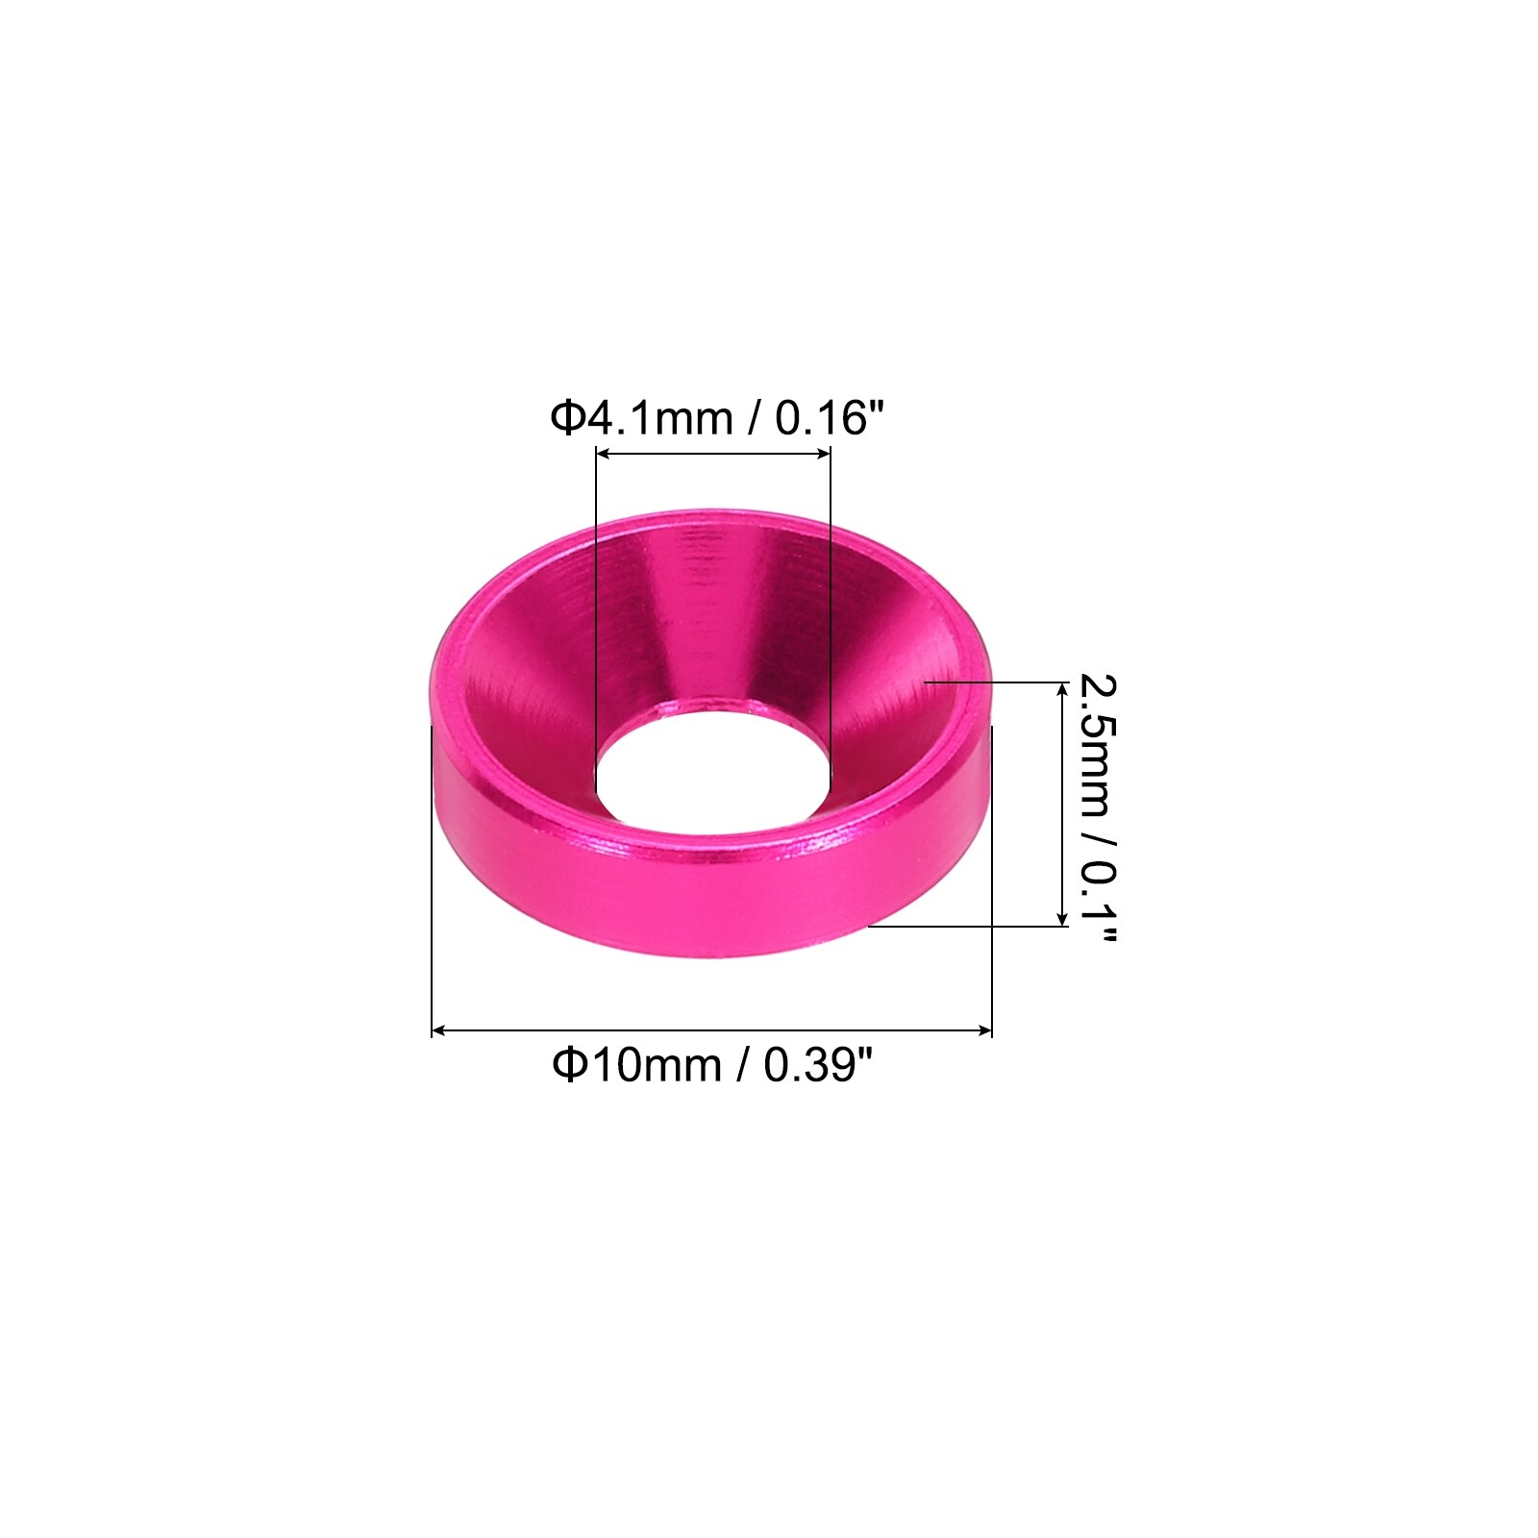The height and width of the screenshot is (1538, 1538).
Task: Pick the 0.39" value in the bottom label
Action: point(818,1064)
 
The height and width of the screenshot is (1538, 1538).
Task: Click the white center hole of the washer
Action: point(711,767)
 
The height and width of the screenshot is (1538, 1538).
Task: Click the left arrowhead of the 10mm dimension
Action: point(439,1030)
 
